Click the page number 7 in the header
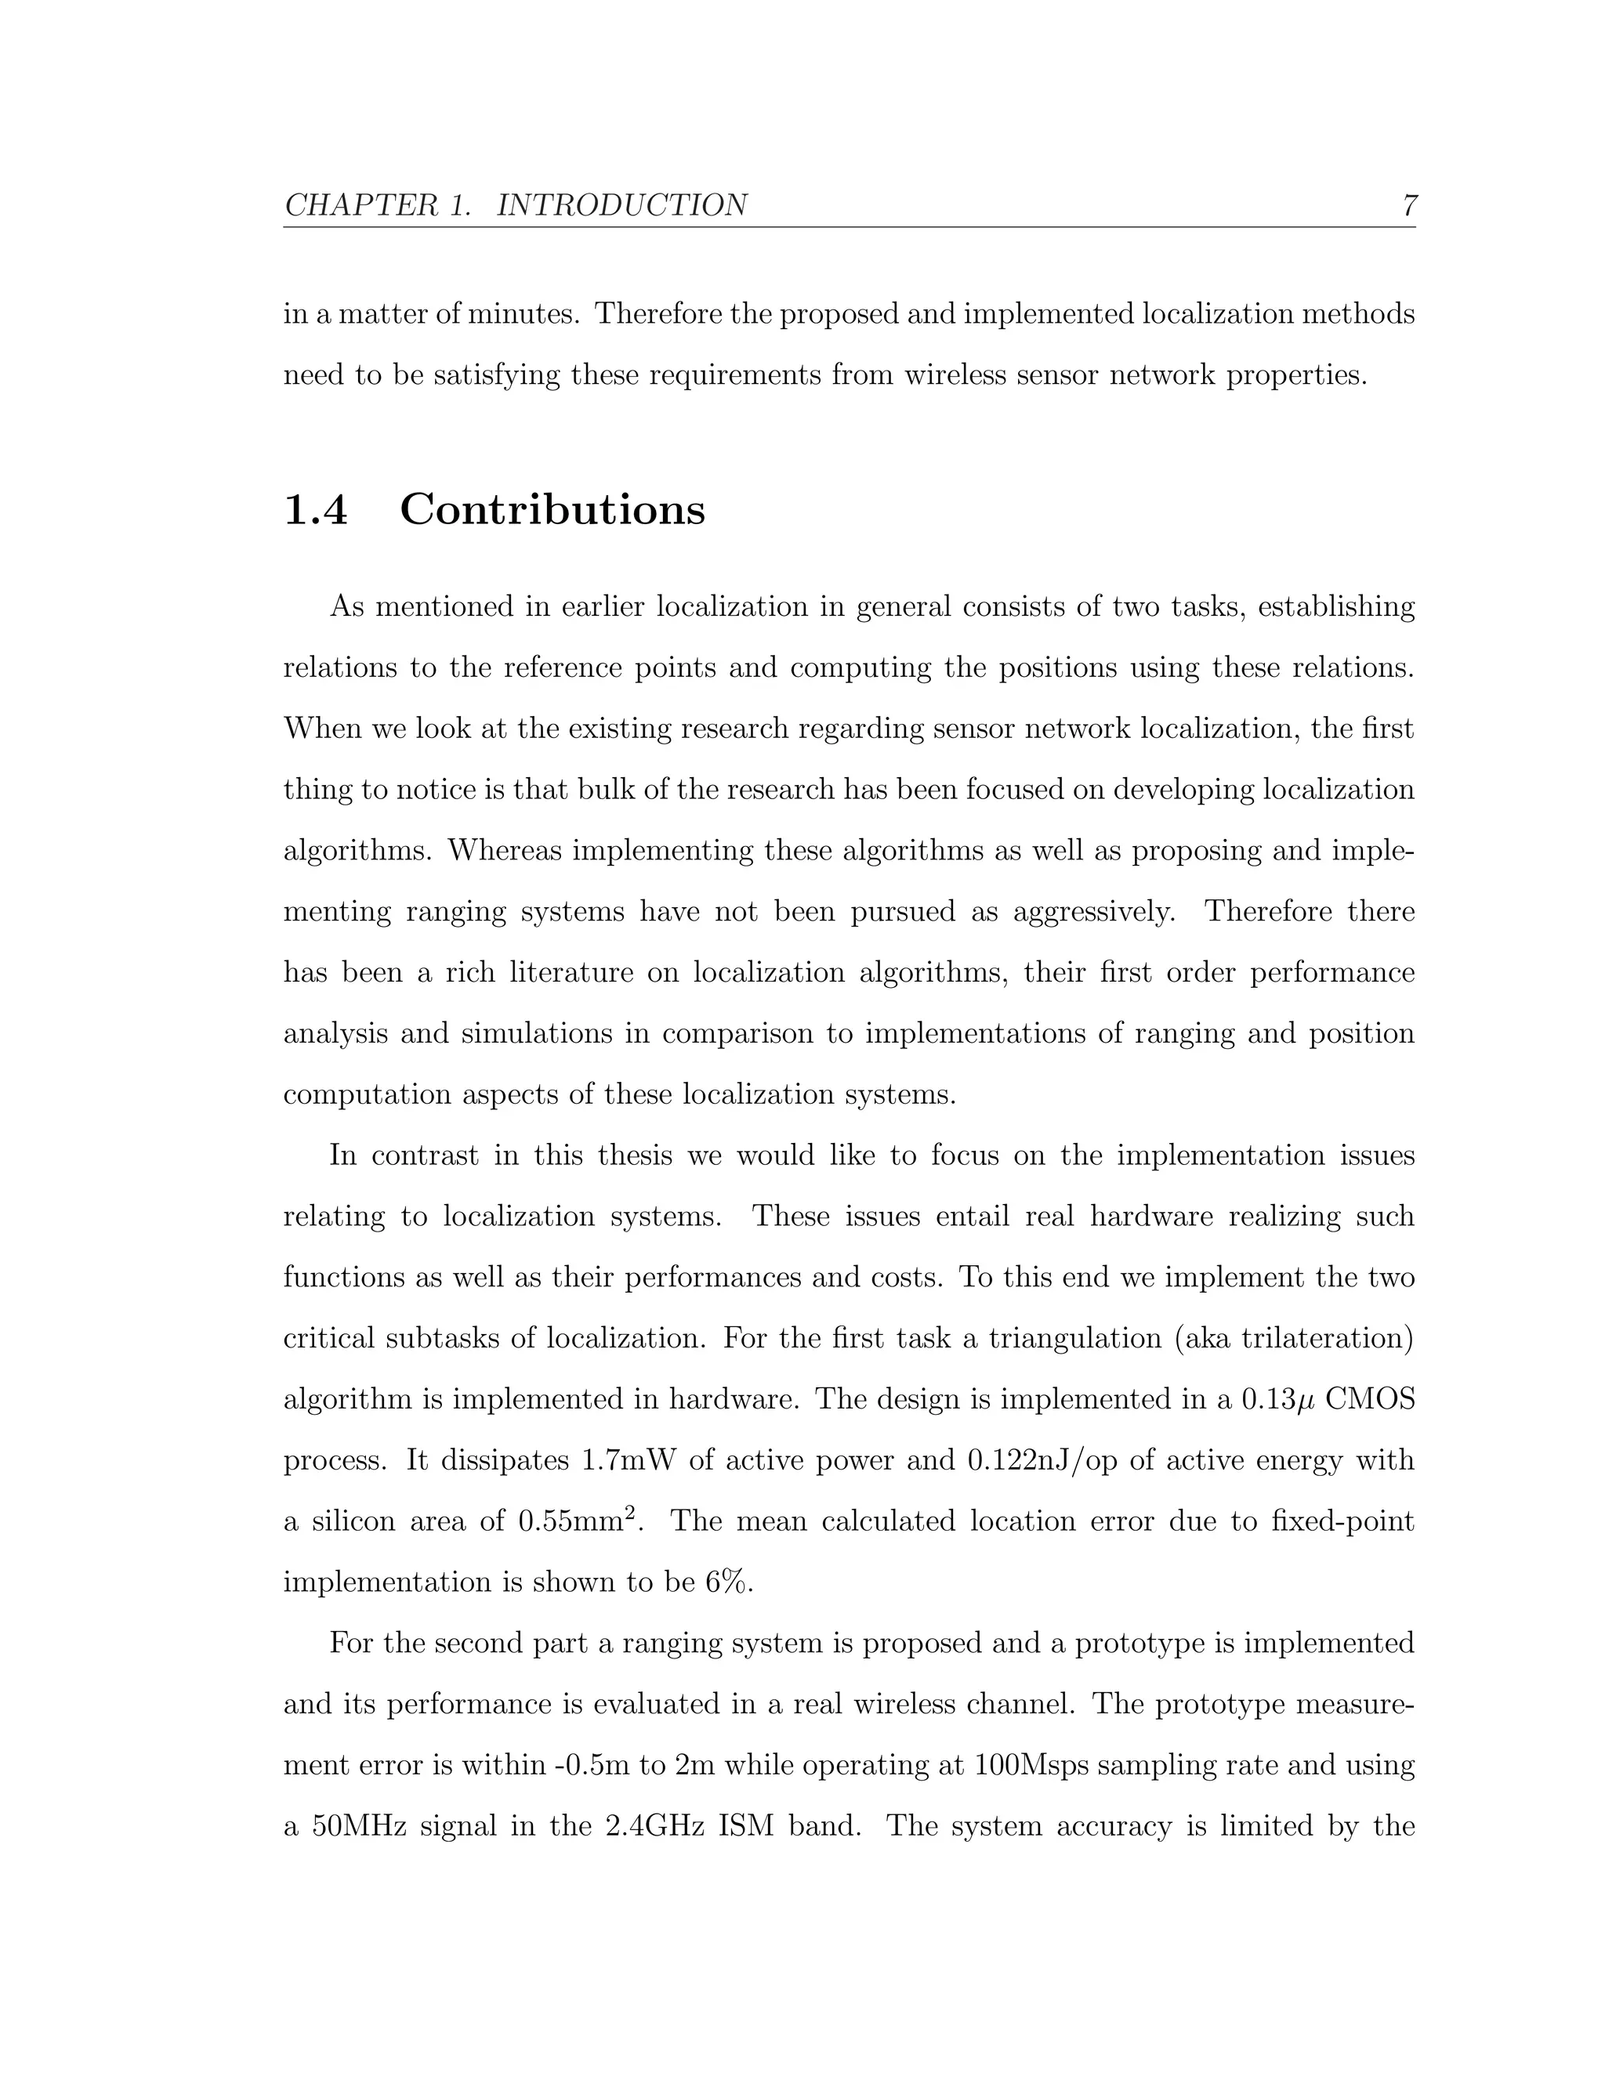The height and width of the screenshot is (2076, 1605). pyautogui.click(x=1409, y=205)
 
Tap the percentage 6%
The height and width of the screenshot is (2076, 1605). pyautogui.click(x=727, y=1582)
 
